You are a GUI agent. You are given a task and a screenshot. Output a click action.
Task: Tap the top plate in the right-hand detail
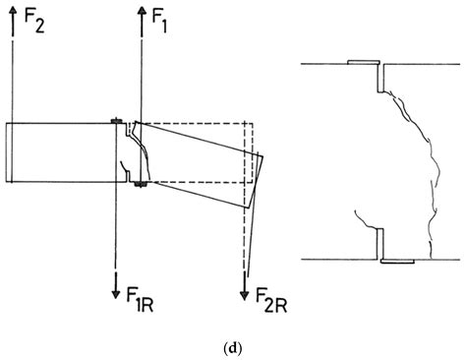click(367, 62)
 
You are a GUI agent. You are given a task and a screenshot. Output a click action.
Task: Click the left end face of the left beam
click(7, 152)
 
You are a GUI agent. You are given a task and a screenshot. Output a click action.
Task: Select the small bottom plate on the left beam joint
click(142, 183)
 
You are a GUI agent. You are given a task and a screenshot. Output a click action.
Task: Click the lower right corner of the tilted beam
click(246, 206)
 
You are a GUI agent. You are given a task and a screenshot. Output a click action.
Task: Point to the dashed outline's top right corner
click(253, 123)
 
